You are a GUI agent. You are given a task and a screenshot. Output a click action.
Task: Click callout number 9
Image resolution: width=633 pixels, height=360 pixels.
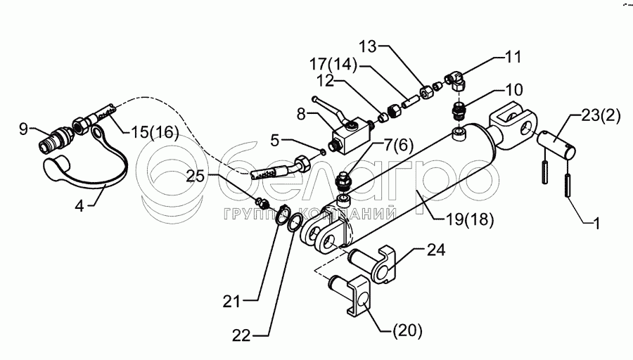pos(24,129)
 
